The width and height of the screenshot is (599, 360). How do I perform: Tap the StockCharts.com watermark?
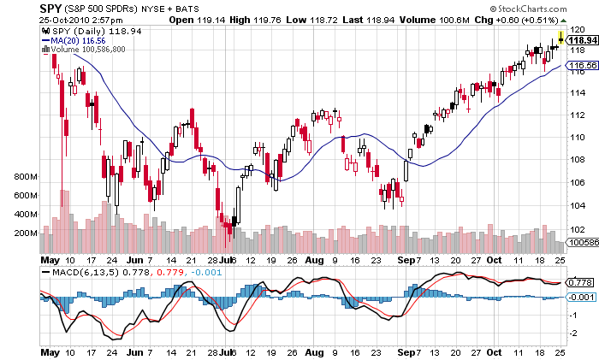(545, 9)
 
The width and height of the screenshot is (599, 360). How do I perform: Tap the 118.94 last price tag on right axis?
(582, 39)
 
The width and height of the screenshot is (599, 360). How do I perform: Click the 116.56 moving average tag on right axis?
(582, 65)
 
